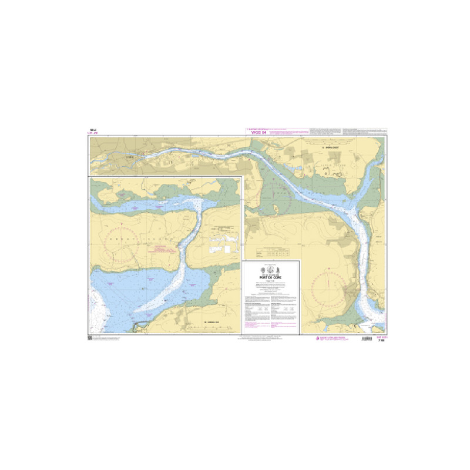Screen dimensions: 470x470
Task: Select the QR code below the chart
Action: [x=89, y=337]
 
